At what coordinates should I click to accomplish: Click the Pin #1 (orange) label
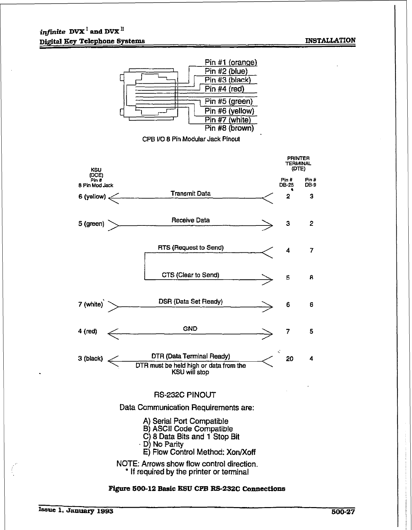(x=231, y=62)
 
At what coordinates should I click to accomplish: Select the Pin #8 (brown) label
(x=229, y=128)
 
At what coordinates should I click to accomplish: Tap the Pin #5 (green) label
(x=229, y=101)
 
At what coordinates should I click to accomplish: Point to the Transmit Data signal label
(x=190, y=193)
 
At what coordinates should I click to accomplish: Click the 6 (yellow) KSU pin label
(x=92, y=197)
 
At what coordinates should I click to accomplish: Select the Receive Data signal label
(x=190, y=220)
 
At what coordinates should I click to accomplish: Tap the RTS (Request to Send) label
(x=191, y=248)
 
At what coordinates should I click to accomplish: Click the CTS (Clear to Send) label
(x=190, y=275)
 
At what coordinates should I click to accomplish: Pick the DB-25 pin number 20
(x=289, y=359)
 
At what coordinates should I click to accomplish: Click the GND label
(x=190, y=328)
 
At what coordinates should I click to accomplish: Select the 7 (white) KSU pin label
(x=91, y=304)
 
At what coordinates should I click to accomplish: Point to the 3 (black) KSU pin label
(x=90, y=359)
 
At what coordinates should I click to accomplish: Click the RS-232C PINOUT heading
(x=185, y=395)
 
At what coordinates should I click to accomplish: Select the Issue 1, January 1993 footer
(x=76, y=511)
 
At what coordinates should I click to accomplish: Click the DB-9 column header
(x=310, y=184)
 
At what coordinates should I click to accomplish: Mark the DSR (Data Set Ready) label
(x=190, y=302)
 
